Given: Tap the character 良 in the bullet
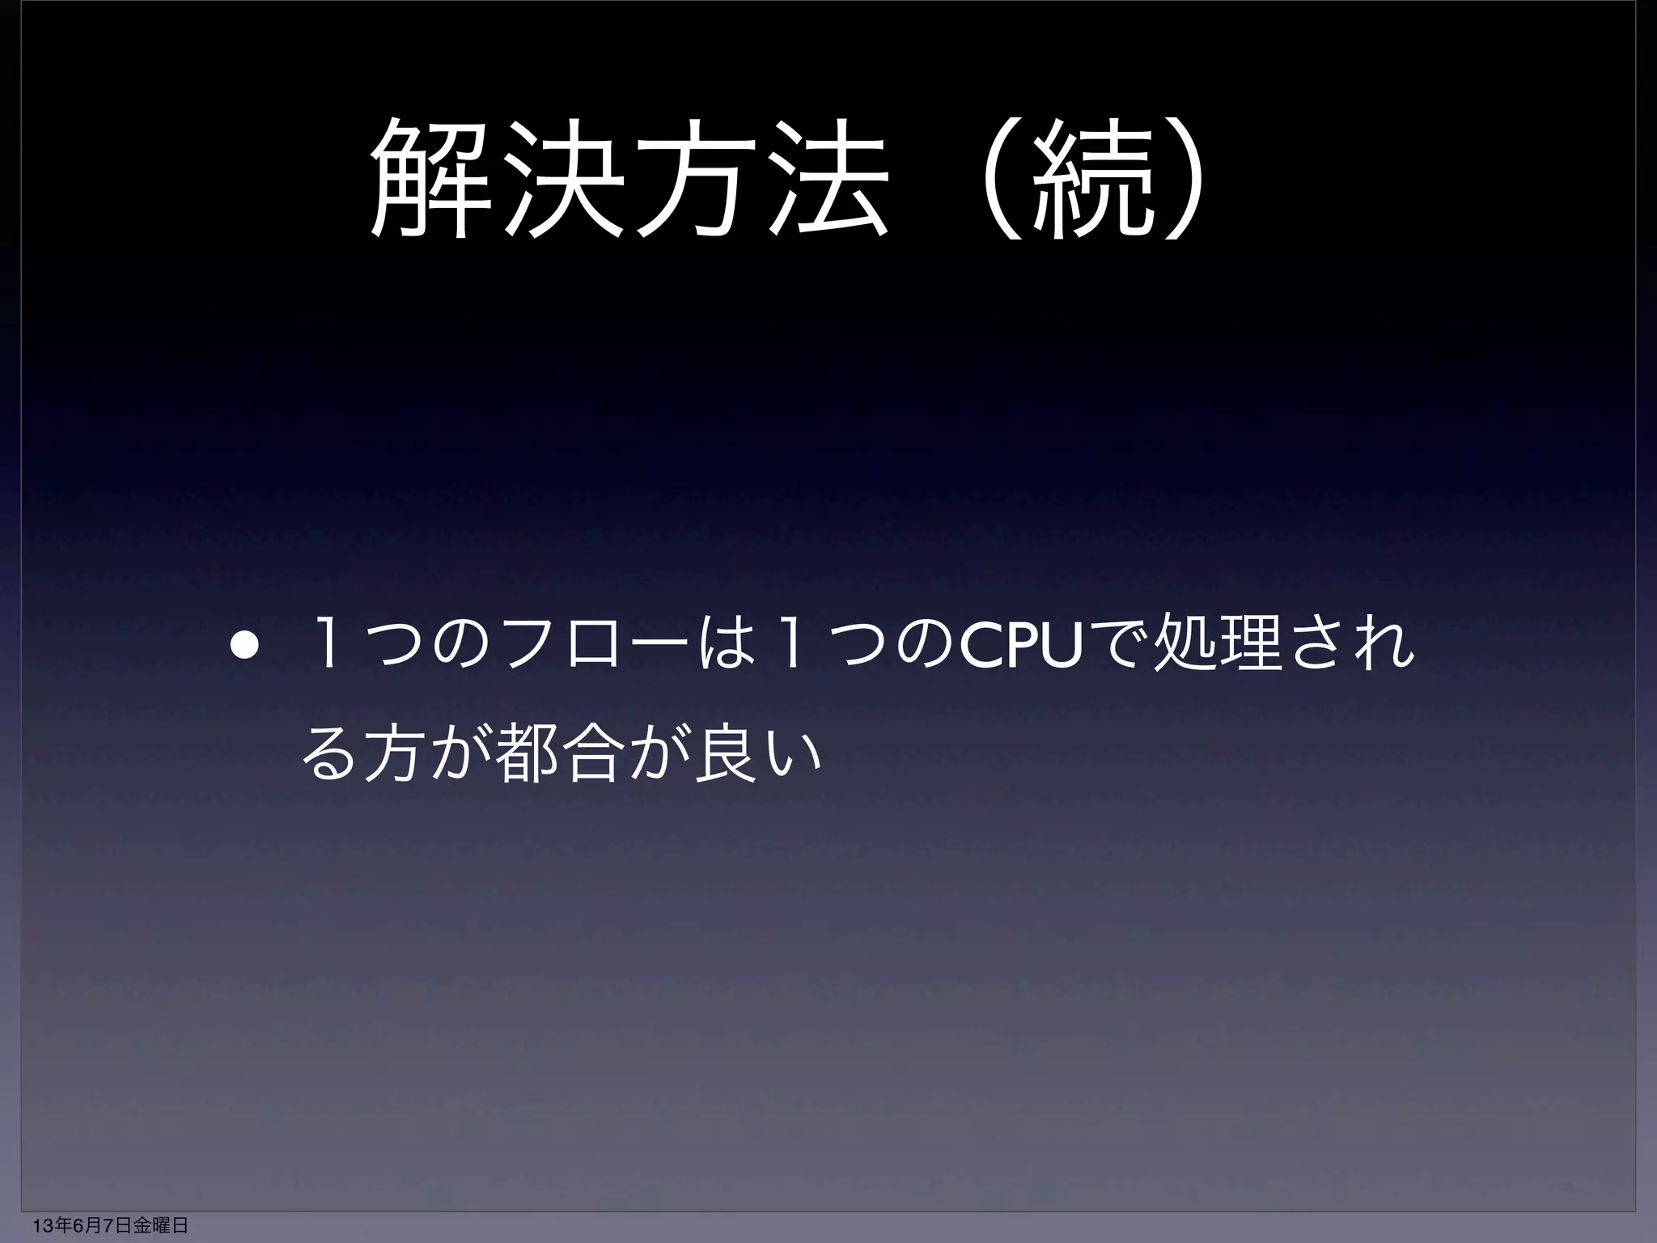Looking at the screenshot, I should click(x=724, y=757).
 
